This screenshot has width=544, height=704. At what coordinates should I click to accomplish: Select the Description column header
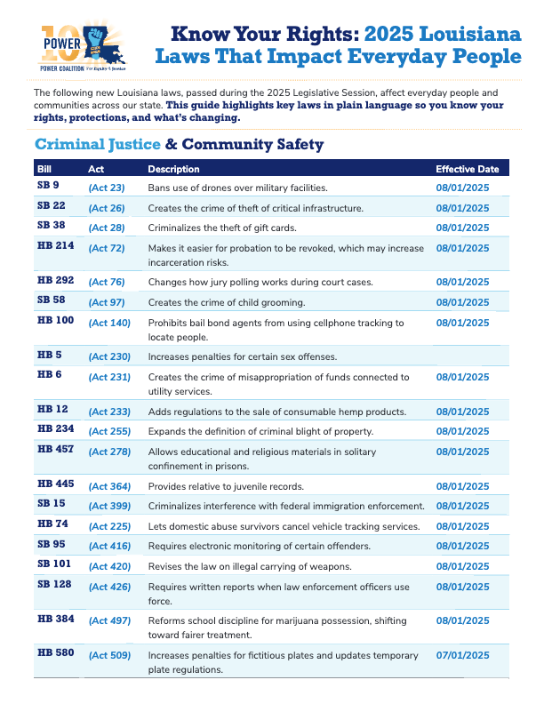(x=173, y=169)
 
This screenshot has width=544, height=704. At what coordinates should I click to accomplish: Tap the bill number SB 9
(x=48, y=186)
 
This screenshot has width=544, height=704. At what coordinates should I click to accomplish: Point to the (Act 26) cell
(x=107, y=208)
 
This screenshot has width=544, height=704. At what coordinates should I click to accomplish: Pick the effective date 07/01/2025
(x=462, y=656)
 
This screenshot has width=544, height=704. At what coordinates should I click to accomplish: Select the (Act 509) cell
(x=109, y=656)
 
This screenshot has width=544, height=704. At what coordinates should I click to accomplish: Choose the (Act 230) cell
(x=109, y=356)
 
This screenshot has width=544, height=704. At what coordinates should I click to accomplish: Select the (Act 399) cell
(x=109, y=506)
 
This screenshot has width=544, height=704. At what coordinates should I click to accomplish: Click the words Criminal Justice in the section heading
(x=97, y=144)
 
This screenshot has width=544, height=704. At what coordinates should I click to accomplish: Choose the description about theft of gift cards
(x=213, y=228)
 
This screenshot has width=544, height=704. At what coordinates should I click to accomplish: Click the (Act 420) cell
(x=109, y=567)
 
